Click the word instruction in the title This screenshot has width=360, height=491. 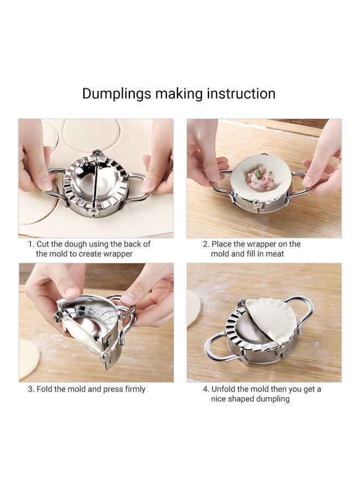pos(241,94)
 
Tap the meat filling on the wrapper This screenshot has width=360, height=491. pos(260,178)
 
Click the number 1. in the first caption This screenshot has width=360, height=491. pos(31,244)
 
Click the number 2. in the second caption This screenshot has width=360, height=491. pos(206,244)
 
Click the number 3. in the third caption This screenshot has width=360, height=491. pos(31,389)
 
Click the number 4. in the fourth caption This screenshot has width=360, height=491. pos(206,389)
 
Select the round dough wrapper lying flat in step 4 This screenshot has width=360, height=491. pos(193,308)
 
